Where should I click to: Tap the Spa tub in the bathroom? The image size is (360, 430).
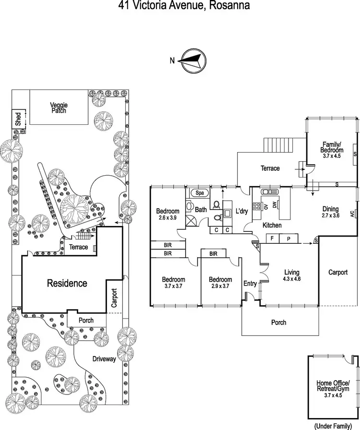click(200, 193)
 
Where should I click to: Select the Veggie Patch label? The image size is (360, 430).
click(59, 108)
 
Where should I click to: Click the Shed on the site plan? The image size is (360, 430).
click(18, 119)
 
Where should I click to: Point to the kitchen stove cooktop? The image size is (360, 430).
click(256, 206)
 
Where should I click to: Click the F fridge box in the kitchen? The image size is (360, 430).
click(272, 239)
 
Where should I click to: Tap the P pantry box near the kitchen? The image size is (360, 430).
click(288, 239)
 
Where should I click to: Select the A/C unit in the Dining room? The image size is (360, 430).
click(354, 214)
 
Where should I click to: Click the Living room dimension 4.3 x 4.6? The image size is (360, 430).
click(292, 279)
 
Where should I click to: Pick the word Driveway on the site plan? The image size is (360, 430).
click(104, 359)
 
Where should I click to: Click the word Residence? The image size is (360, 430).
click(67, 283)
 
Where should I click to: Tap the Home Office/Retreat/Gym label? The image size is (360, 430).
click(333, 386)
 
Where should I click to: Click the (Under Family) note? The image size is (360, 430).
click(333, 426)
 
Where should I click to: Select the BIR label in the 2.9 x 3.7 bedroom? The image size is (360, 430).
click(214, 254)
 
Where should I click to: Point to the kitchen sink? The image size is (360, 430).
click(270, 191)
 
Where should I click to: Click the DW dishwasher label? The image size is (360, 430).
click(275, 205)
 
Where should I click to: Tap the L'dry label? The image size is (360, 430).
click(242, 211)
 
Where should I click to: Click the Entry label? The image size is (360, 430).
click(250, 284)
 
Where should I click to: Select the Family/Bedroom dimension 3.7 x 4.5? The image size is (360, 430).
click(332, 156)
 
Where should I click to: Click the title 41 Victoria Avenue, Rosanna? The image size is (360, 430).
click(184, 5)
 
